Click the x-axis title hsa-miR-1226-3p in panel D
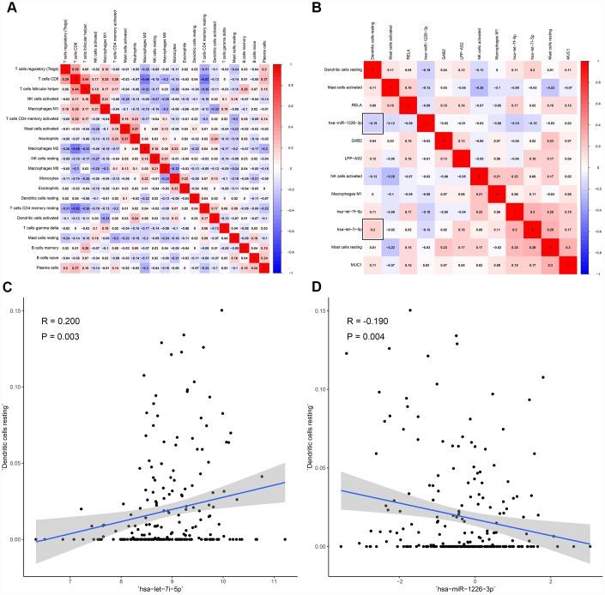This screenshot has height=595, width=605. (x=459, y=588)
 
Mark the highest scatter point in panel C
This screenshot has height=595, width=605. (x=221, y=310)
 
